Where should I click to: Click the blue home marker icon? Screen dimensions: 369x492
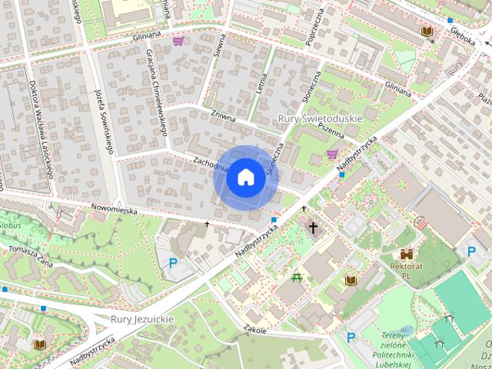(244, 177)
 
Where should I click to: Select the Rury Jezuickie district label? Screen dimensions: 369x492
(141, 319)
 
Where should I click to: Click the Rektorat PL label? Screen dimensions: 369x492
(407, 271)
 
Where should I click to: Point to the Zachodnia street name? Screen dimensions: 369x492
(211, 163)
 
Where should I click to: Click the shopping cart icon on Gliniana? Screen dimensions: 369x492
(178, 41)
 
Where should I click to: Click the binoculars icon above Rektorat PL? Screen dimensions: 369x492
(407, 254)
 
